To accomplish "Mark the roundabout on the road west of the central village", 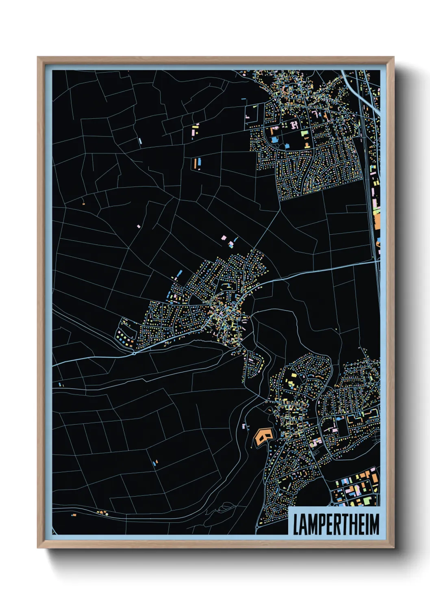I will pyautogui.click(x=134, y=353).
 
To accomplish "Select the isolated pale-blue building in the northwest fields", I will pyautogui.click(x=140, y=141).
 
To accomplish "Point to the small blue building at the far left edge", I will pyautogui.click(x=60, y=384).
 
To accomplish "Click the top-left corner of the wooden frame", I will pyautogui.click(x=38, y=57).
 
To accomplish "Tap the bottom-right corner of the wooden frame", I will pyautogui.click(x=393, y=547).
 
